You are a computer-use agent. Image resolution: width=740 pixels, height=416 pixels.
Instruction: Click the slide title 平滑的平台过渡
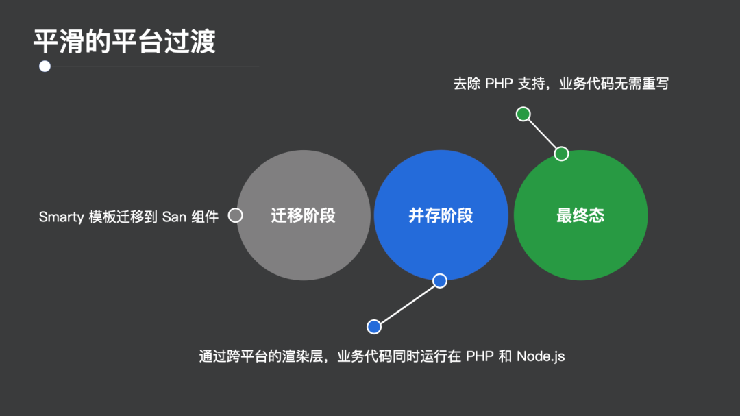(x=124, y=41)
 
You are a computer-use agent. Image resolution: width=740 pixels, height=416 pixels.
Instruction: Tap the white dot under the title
(x=45, y=66)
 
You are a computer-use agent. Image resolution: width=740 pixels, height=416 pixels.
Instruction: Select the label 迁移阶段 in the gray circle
(x=303, y=216)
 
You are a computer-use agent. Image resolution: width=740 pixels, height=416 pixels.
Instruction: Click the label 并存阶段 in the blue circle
(x=441, y=216)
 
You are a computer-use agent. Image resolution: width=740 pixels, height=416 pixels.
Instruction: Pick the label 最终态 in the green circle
(x=580, y=216)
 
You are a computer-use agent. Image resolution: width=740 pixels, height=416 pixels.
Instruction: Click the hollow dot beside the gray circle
(x=235, y=215)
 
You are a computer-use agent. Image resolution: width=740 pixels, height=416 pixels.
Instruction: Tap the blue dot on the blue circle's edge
(x=440, y=280)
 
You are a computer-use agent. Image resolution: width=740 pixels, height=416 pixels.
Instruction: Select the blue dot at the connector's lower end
(x=373, y=327)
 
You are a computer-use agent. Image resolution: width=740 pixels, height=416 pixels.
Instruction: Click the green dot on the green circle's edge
(x=561, y=154)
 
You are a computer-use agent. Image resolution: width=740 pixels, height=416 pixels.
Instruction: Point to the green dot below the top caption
(x=523, y=114)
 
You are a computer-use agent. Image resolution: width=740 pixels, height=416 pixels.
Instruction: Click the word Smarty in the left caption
(x=61, y=217)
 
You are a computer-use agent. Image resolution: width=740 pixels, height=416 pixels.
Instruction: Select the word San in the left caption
(x=174, y=217)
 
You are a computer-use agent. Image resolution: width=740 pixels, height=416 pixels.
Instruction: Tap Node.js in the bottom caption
(x=541, y=356)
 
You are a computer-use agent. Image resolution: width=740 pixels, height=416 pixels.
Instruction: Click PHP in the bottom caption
(x=480, y=356)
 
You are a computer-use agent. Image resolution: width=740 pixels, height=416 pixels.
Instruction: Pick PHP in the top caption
(x=500, y=84)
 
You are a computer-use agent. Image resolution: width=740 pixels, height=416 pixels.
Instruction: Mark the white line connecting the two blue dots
(x=407, y=304)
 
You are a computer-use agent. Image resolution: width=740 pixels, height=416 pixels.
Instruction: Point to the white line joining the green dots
(x=542, y=134)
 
